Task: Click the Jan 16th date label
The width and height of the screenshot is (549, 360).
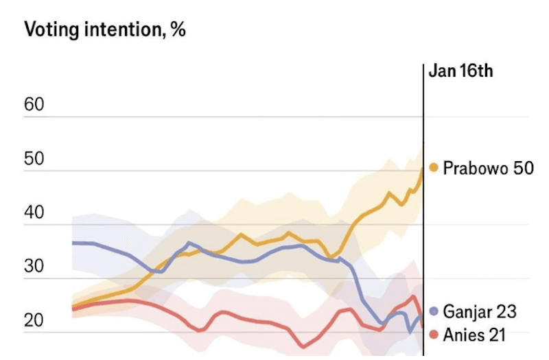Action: tap(460, 71)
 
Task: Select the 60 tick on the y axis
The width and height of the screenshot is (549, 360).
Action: tap(34, 105)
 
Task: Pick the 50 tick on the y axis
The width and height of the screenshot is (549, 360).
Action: tap(34, 158)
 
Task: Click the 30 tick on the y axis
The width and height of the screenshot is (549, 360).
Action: tap(34, 266)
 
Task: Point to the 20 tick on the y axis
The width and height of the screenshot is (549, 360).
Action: tap(34, 320)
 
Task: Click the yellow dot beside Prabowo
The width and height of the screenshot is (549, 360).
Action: tap(434, 167)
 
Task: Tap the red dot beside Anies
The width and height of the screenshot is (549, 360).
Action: tap(434, 335)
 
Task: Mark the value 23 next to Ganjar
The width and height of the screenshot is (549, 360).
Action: tap(506, 311)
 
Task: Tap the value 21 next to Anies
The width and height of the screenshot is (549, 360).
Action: tap(495, 335)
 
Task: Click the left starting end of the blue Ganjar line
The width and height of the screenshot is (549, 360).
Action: tap(73, 243)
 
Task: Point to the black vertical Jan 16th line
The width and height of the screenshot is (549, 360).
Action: tap(423, 206)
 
